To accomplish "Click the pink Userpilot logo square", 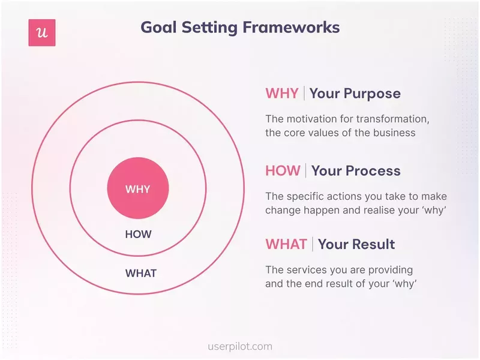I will point(42,32).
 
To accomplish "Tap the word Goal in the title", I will point(157,28).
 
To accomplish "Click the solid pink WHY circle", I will point(137,189).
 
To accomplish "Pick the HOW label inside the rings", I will point(138,235).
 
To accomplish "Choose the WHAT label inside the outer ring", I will point(140,274).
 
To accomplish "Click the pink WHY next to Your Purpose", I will point(282,94).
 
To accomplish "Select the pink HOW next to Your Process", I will point(283,171).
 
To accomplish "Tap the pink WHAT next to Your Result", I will point(286,244).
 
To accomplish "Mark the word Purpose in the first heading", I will point(371,94).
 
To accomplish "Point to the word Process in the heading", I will point(373,171).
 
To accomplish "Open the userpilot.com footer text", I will point(240,346).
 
